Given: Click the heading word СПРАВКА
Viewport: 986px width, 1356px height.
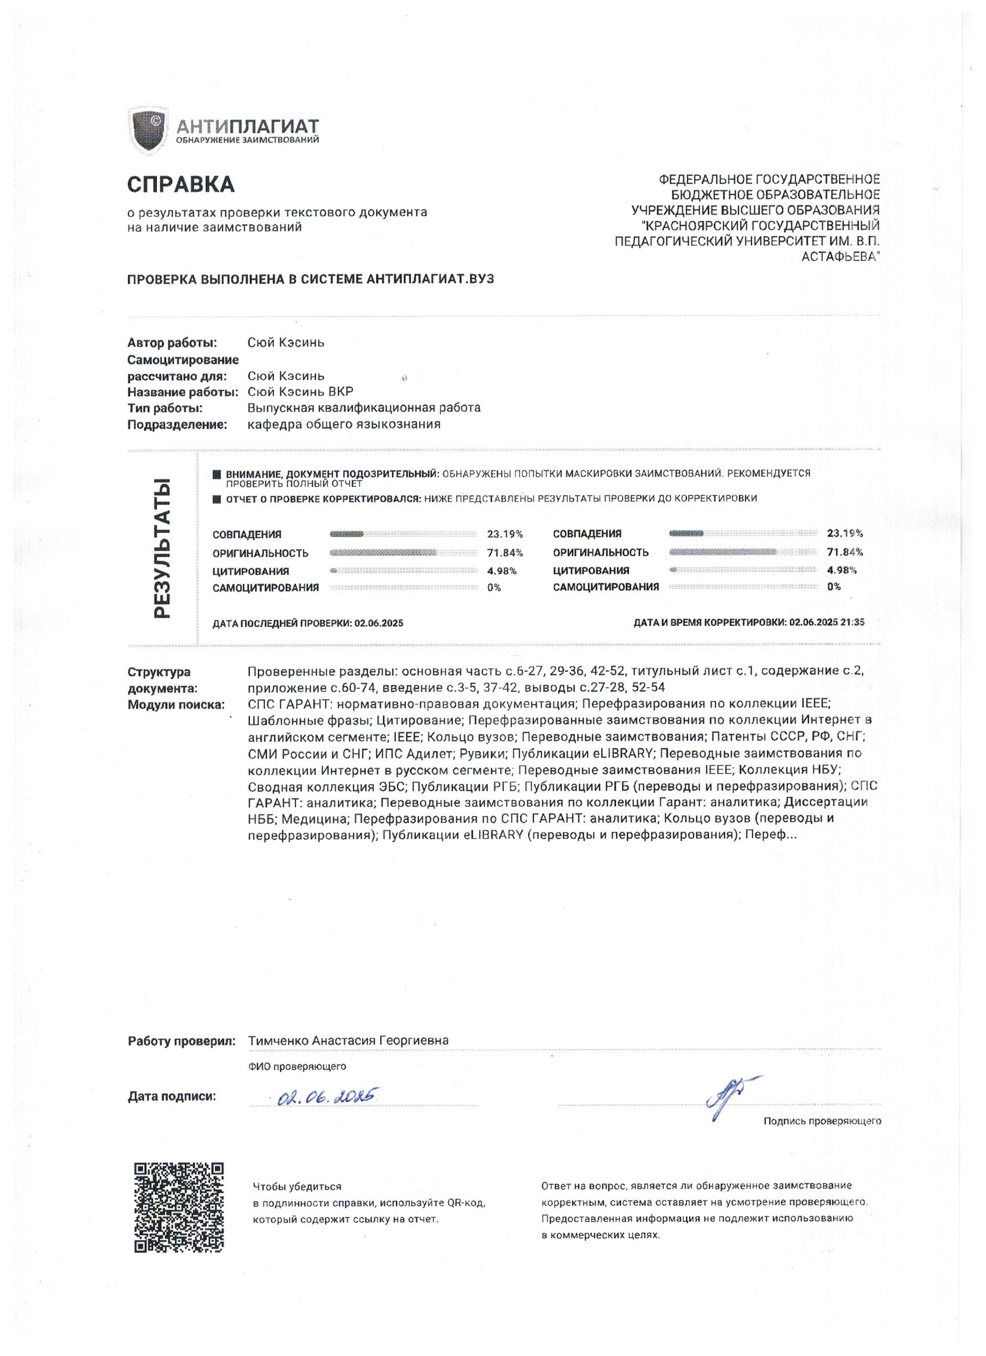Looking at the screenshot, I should point(180,184).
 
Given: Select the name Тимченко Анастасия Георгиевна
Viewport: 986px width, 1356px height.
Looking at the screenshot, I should point(348,1040).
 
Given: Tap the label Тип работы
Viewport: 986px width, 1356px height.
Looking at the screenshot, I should point(165,408).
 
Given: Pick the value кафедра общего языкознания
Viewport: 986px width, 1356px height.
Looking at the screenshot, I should point(344,425).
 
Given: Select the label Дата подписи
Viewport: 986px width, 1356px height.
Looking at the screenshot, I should point(172,1097).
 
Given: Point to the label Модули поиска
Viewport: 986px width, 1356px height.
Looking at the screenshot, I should point(176,704).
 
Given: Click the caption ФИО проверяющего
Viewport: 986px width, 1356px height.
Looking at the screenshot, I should point(296,1066).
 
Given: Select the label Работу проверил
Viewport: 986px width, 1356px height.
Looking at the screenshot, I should point(182,1041).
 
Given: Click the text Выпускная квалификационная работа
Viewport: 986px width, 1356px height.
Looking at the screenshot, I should point(364,408).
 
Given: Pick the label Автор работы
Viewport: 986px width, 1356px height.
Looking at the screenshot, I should point(172,343).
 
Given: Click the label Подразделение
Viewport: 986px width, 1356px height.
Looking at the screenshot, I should point(177,425).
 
